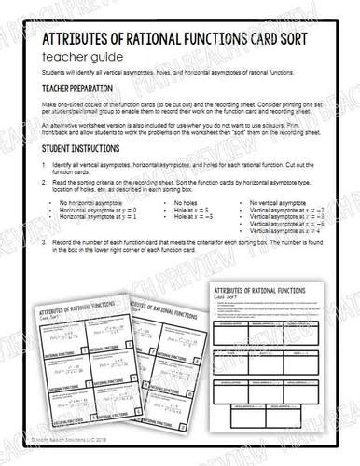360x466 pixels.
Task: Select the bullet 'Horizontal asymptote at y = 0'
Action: coord(102,237)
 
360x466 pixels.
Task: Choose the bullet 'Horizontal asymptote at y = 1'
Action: coord(102,244)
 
